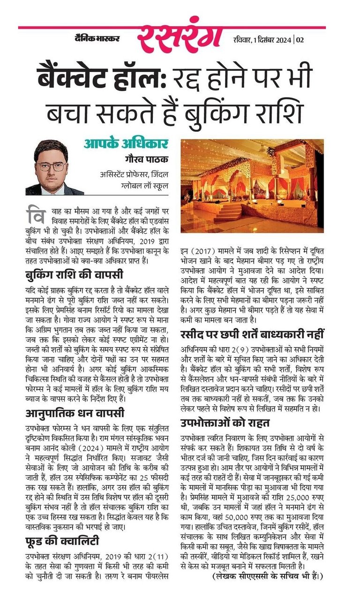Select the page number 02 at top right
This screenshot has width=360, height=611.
tap(300, 39)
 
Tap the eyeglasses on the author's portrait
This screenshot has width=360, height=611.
tap(52, 166)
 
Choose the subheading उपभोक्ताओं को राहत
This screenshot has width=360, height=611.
tap(225, 423)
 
